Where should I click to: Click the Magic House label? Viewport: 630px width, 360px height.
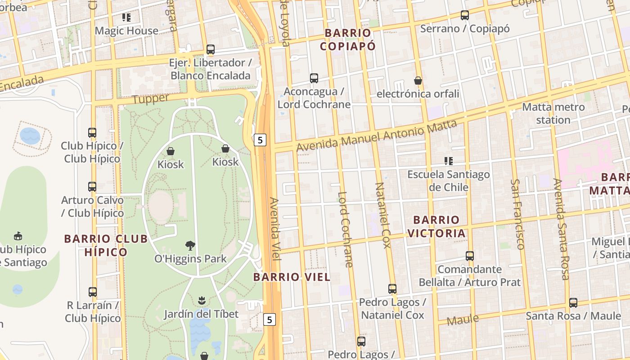[126, 31]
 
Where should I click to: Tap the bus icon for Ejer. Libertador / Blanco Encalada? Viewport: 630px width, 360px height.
[211, 49]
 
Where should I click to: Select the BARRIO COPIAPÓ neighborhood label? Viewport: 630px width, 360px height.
[348, 40]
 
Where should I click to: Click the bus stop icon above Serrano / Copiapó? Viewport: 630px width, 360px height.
[465, 15]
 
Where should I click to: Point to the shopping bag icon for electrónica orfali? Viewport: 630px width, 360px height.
[418, 81]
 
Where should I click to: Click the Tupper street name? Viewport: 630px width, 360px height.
[151, 99]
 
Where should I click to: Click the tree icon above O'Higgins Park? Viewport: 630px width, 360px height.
[190, 245]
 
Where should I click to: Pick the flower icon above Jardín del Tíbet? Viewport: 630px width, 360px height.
[201, 300]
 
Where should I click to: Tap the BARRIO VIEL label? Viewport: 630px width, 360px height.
[292, 277]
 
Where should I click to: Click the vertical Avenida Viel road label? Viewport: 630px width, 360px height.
[275, 229]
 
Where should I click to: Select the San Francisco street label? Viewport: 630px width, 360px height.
[517, 214]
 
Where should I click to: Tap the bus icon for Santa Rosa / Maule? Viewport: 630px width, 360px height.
[573, 302]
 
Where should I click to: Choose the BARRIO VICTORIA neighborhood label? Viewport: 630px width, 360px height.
[436, 227]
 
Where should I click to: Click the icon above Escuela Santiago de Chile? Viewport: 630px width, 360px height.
[448, 161]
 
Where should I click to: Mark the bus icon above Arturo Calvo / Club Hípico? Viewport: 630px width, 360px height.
[92, 186]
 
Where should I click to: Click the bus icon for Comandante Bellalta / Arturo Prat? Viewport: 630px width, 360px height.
[470, 256]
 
